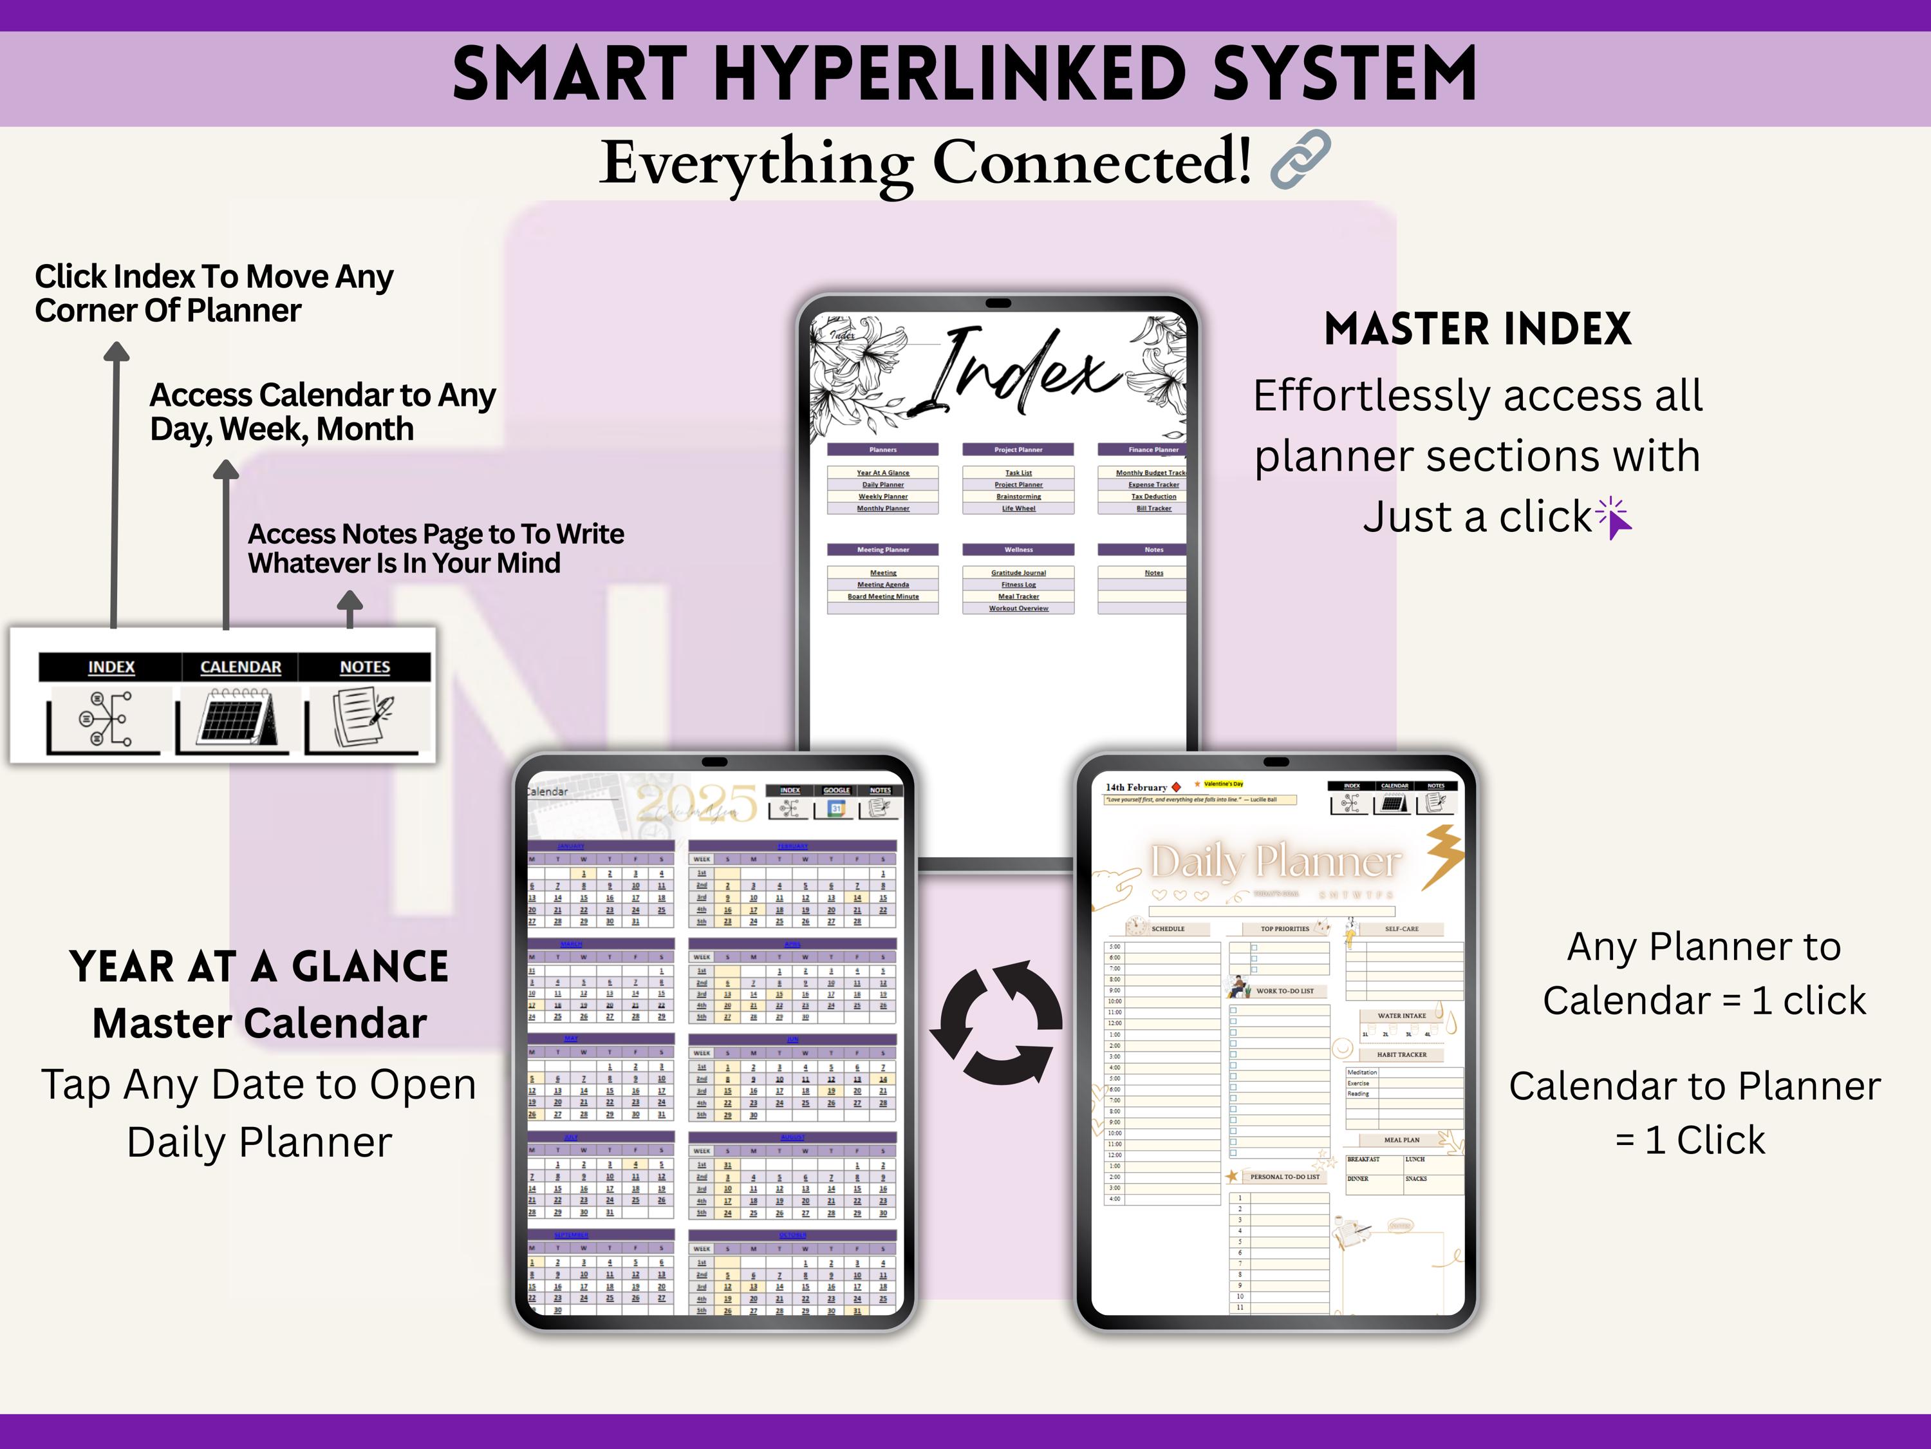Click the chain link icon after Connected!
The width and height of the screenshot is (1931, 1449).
click(x=1301, y=159)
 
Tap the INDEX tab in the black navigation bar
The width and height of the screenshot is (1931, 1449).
click(x=111, y=667)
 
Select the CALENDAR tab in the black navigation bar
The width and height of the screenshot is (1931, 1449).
click(x=240, y=667)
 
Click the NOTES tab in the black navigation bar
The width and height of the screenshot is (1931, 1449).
click(x=365, y=667)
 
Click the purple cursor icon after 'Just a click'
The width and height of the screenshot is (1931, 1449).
click(x=1615, y=518)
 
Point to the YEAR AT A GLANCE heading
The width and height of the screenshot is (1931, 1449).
click(x=259, y=967)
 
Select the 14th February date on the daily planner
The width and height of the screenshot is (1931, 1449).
click(x=1135, y=787)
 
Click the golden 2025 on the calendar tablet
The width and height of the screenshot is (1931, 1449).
click(x=696, y=802)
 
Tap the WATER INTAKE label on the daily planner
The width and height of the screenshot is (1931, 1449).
click(x=1401, y=1016)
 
